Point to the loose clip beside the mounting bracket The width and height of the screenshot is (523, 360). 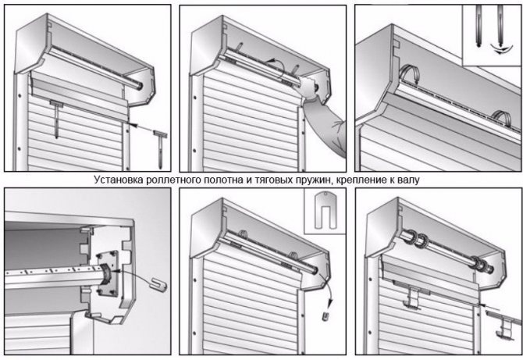158,284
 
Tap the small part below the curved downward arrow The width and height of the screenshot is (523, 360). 326,316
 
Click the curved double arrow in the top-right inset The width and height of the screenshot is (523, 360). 500,50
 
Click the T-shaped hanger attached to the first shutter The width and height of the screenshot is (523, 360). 56,119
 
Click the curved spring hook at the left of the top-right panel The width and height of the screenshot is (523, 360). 407,75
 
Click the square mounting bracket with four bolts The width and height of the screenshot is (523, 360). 107,273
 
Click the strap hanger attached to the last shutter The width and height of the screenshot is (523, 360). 412,297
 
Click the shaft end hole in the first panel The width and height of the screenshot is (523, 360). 140,85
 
